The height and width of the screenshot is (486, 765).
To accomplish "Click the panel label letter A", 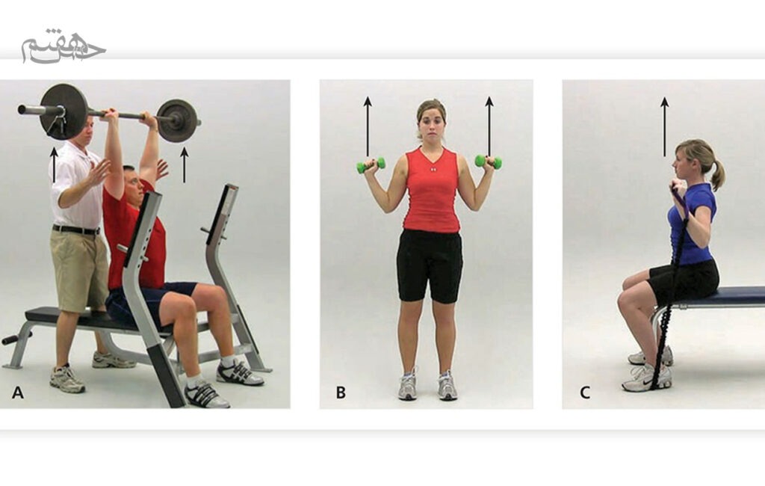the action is click(x=18, y=393).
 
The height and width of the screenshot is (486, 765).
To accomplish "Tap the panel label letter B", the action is click(x=341, y=393).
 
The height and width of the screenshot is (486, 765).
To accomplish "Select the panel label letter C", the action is click(x=584, y=393).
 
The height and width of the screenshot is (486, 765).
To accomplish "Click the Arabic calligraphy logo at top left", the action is click(x=63, y=46).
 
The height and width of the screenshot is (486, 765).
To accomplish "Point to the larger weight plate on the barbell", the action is click(x=64, y=111).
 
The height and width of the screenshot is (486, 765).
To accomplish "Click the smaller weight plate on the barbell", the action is click(x=177, y=120).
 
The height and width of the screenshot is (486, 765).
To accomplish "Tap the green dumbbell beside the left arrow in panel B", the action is click(x=371, y=165).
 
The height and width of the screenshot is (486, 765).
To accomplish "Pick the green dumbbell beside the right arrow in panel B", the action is click(x=489, y=162).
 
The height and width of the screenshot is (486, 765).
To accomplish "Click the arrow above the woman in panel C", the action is click(x=664, y=126).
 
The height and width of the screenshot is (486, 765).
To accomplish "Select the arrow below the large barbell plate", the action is click(x=54, y=164).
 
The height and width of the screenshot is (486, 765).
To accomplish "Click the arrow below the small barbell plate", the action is click(x=184, y=164).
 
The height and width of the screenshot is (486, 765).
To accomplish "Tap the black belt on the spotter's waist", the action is click(x=76, y=230).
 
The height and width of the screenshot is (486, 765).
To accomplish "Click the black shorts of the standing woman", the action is click(x=430, y=266).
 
